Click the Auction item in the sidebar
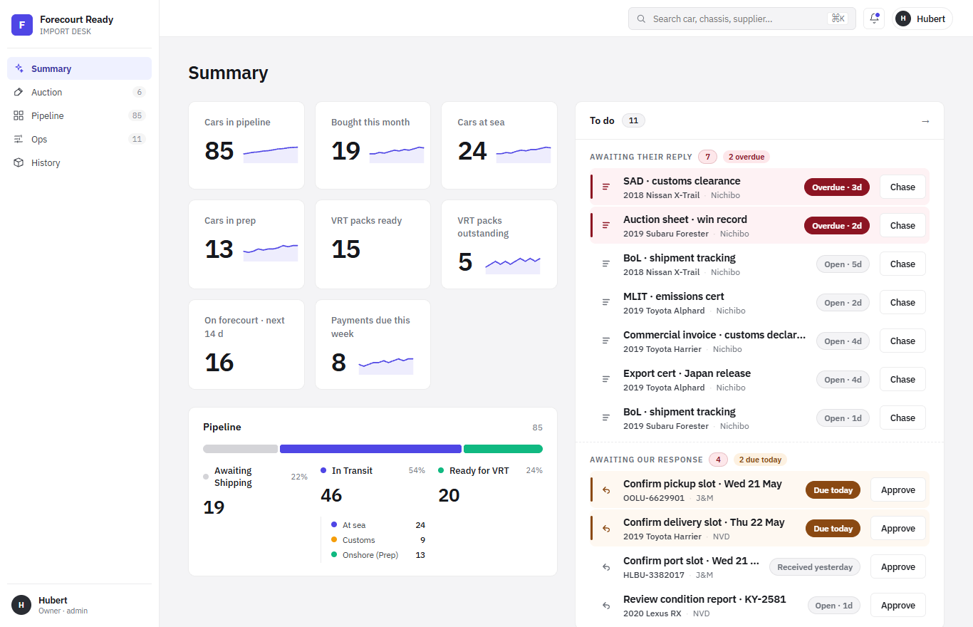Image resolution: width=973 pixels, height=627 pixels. pyautogui.click(x=79, y=92)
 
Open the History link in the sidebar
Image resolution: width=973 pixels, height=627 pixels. pyautogui.click(x=79, y=162)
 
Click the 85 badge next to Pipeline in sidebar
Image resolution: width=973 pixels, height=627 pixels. pyautogui.click(x=137, y=115)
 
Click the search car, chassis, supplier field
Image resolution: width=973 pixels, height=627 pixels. pyautogui.click(x=742, y=19)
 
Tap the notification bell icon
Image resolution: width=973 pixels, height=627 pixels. pyautogui.click(x=874, y=19)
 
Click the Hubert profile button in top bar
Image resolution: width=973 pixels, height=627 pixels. pyautogui.click(x=922, y=19)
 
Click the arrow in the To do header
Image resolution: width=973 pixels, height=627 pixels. pyautogui.click(x=925, y=121)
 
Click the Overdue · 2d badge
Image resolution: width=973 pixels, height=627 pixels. pyautogui.click(x=837, y=226)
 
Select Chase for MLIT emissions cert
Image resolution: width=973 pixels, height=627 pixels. pyautogui.click(x=902, y=302)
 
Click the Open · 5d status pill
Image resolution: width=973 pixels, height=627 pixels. pyautogui.click(x=843, y=264)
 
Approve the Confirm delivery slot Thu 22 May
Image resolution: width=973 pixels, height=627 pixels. pyautogui.click(x=898, y=529)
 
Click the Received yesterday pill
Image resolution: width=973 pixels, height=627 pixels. pyautogui.click(x=814, y=567)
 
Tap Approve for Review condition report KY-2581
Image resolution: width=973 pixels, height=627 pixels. pyautogui.click(x=898, y=606)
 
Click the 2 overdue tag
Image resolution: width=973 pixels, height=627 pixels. pyautogui.click(x=746, y=157)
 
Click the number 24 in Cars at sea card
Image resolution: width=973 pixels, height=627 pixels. pyautogui.click(x=472, y=151)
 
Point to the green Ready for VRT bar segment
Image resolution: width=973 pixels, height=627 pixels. pyautogui.click(x=503, y=449)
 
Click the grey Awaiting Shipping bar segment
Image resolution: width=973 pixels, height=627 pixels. pyautogui.click(x=240, y=449)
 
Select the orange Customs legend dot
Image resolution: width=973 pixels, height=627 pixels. pyautogui.click(x=334, y=539)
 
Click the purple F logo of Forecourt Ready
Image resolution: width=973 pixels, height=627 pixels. pyautogui.click(x=22, y=25)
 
